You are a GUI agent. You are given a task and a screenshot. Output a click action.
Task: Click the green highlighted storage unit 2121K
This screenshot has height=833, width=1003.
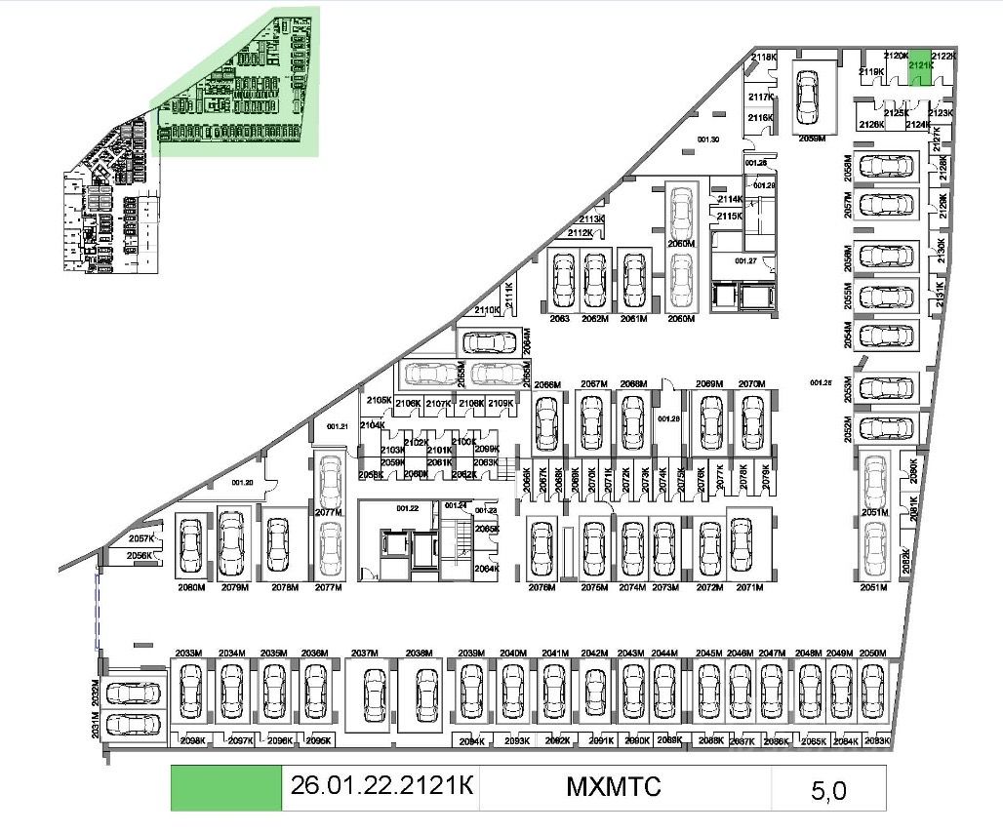(x=917, y=71)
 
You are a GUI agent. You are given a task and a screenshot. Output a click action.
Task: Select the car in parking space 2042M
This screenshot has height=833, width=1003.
(x=595, y=693)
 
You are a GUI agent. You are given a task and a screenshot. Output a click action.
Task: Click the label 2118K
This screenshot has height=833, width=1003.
(x=764, y=58)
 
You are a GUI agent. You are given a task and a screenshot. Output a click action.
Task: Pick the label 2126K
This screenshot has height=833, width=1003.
(x=871, y=125)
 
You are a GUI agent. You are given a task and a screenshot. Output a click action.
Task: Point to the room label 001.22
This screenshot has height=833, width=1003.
(x=407, y=508)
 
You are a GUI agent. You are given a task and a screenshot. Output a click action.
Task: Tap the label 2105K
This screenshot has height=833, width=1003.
(x=379, y=401)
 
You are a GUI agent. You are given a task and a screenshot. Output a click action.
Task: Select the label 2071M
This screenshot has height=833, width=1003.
(x=749, y=588)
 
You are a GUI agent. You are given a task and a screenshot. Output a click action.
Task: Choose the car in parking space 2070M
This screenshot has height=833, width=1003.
(x=751, y=421)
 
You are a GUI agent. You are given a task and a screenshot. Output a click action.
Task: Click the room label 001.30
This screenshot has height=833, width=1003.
(x=708, y=140)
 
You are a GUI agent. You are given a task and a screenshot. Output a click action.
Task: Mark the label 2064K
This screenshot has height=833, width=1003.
(x=486, y=569)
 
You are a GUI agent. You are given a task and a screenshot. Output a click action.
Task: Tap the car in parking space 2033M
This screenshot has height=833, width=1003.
(x=189, y=693)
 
